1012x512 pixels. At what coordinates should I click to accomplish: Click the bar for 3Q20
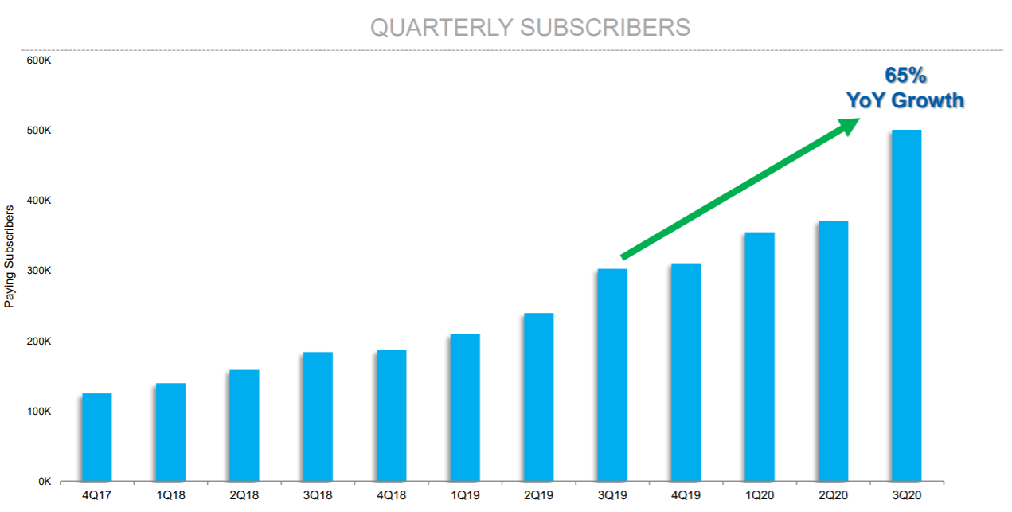coord(906,306)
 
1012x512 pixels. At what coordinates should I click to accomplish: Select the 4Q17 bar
coord(96,437)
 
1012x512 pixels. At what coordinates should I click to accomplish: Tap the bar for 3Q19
coord(611,375)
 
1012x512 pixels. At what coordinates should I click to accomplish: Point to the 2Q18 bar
coord(244,425)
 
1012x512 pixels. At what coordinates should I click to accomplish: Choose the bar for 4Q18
coord(391,416)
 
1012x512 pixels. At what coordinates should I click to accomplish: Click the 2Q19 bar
coord(538,397)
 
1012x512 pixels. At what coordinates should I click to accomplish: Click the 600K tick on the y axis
coord(39,60)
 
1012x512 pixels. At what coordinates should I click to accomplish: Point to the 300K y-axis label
coord(39,271)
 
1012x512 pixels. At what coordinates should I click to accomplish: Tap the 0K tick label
coord(44,482)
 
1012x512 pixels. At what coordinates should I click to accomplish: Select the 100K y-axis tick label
coord(39,412)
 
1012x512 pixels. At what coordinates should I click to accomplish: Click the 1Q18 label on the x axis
coord(170,494)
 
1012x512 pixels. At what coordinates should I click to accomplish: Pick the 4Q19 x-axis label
coord(686,494)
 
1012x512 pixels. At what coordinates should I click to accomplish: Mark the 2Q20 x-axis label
coord(833,494)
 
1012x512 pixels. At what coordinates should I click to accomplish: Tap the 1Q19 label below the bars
coord(465,494)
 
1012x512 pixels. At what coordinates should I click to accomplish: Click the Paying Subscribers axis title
coord(10,256)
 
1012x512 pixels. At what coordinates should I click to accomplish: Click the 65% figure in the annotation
coord(905,76)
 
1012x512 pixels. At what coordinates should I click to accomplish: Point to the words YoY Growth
coord(905,101)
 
